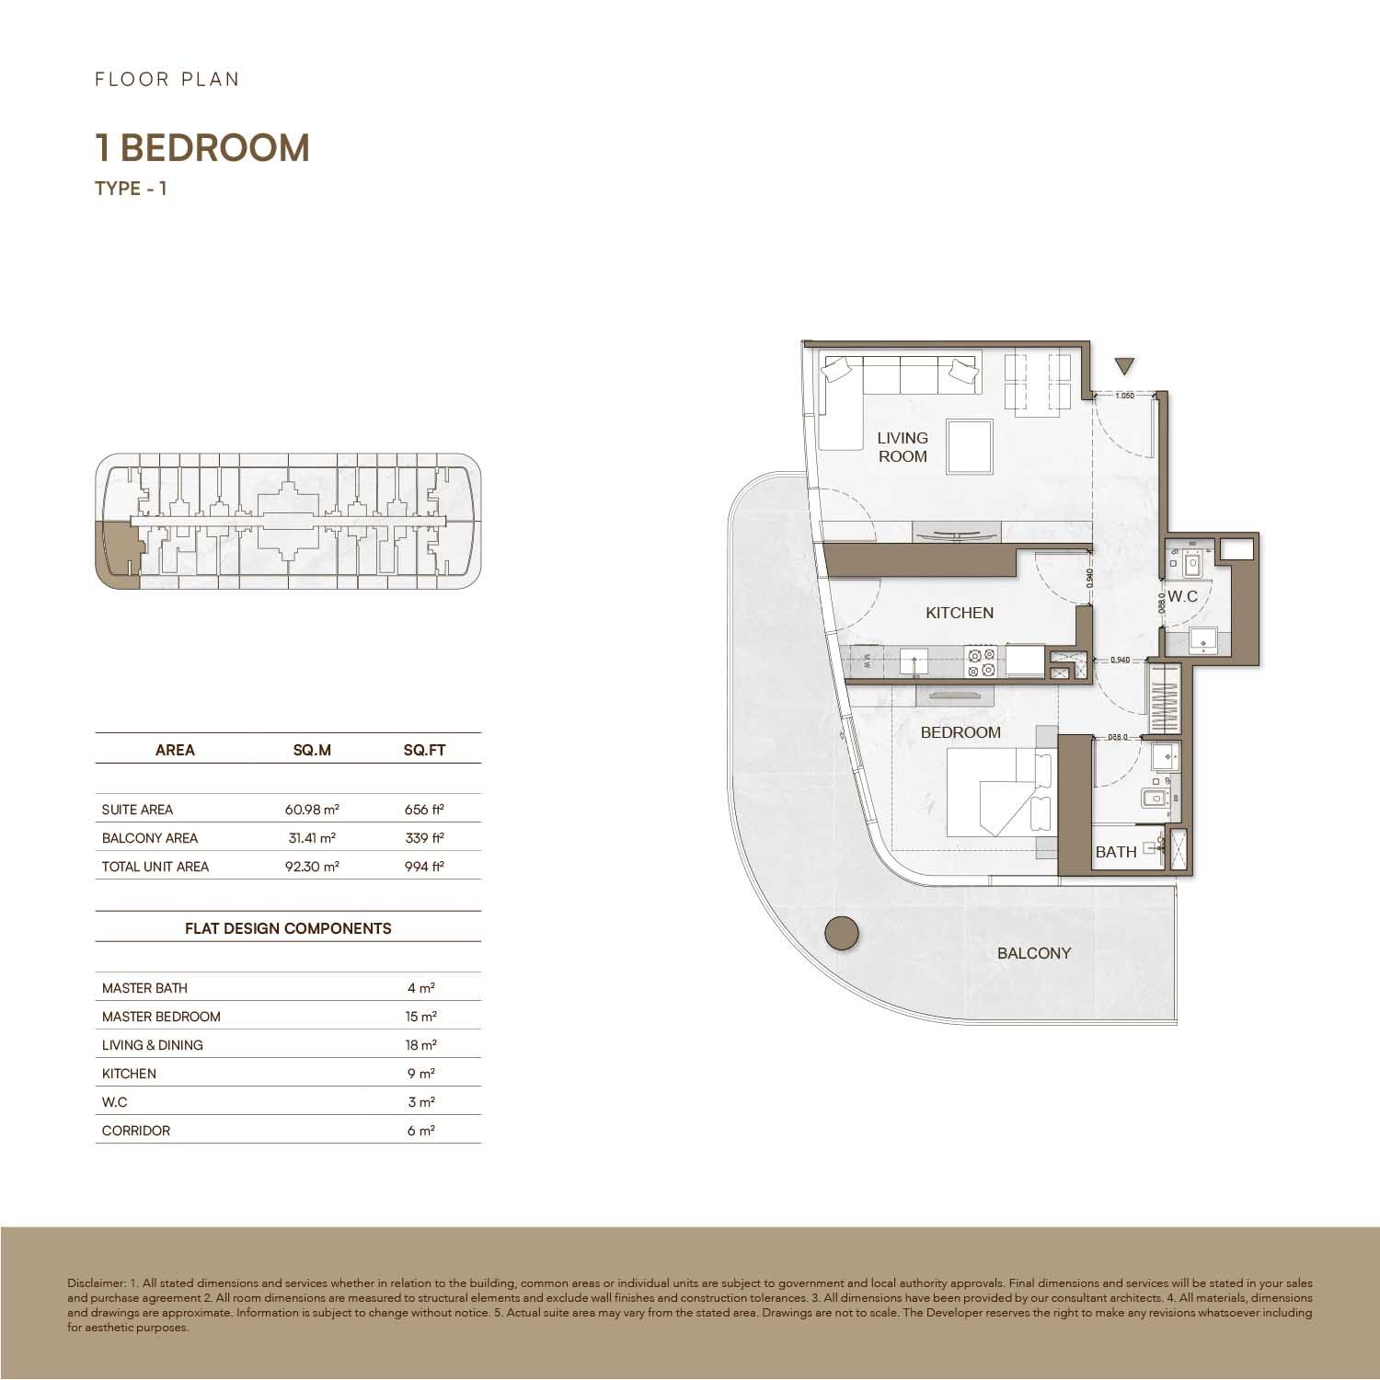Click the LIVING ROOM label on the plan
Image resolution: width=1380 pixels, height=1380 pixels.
pyautogui.click(x=902, y=447)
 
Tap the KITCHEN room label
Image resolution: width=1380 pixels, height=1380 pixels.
pyautogui.click(x=959, y=613)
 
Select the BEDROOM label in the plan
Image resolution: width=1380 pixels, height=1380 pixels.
pyautogui.click(x=960, y=732)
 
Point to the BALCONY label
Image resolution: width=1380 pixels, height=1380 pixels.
pyautogui.click(x=1034, y=953)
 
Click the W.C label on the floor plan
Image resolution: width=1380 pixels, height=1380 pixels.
pyautogui.click(x=1183, y=596)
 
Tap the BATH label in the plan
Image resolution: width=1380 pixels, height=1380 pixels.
pyautogui.click(x=1115, y=852)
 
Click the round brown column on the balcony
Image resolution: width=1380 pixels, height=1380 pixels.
pyautogui.click(x=841, y=933)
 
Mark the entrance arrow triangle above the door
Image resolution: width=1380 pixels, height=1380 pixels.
pyautogui.click(x=1123, y=366)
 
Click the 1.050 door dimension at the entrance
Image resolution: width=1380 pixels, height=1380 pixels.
pyautogui.click(x=1123, y=397)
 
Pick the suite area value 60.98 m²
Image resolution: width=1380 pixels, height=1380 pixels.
pyautogui.click(x=312, y=810)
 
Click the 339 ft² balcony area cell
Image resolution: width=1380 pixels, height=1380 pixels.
pyautogui.click(x=424, y=838)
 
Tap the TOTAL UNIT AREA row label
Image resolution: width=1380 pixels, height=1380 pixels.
pyautogui.click(x=155, y=867)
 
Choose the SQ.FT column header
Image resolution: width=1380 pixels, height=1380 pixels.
pyautogui.click(x=424, y=750)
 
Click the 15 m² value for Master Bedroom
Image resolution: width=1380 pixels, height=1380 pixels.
pyautogui.click(x=421, y=1017)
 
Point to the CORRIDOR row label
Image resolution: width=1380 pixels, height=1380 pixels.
pyautogui.click(x=136, y=1131)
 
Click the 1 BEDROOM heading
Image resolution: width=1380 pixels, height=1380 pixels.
pyautogui.click(x=202, y=148)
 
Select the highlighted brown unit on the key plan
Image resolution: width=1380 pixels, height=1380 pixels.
pyautogui.click(x=116, y=553)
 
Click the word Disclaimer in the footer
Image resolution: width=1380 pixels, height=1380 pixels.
pyautogui.click(x=96, y=1282)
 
